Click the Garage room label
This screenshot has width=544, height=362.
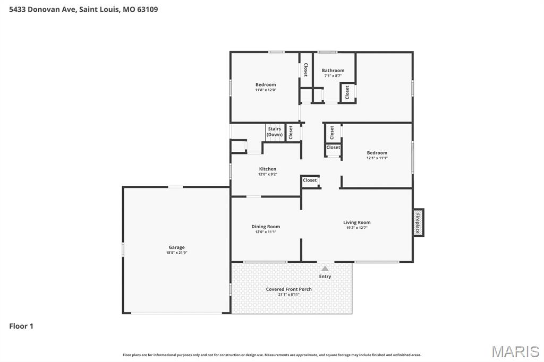(x=176, y=247)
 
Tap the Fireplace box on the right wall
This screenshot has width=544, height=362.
(x=418, y=222)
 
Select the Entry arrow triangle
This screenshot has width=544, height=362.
(x=325, y=269)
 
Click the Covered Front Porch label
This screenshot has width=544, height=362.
(x=288, y=289)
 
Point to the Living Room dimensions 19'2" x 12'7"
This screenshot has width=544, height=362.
(x=356, y=228)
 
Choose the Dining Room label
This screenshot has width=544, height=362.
(x=266, y=227)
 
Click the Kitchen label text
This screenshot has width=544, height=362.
(x=268, y=169)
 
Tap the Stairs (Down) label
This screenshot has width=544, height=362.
(x=275, y=132)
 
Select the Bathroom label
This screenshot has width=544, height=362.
(x=333, y=70)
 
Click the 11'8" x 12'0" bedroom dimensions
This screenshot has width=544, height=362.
(x=266, y=90)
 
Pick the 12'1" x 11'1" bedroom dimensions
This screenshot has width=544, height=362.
(x=377, y=158)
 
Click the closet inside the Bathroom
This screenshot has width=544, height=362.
(x=347, y=92)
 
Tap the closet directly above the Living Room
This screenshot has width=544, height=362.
(x=310, y=180)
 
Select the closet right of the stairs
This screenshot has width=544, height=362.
(x=291, y=132)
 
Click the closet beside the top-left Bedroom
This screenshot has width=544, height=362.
(x=305, y=70)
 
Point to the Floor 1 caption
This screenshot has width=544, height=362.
(x=21, y=326)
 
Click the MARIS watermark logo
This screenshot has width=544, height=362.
(x=515, y=351)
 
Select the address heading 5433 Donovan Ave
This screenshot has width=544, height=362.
(x=83, y=9)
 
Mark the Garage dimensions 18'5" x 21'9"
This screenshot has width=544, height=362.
(x=176, y=253)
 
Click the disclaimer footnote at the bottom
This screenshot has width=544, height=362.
(x=272, y=355)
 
